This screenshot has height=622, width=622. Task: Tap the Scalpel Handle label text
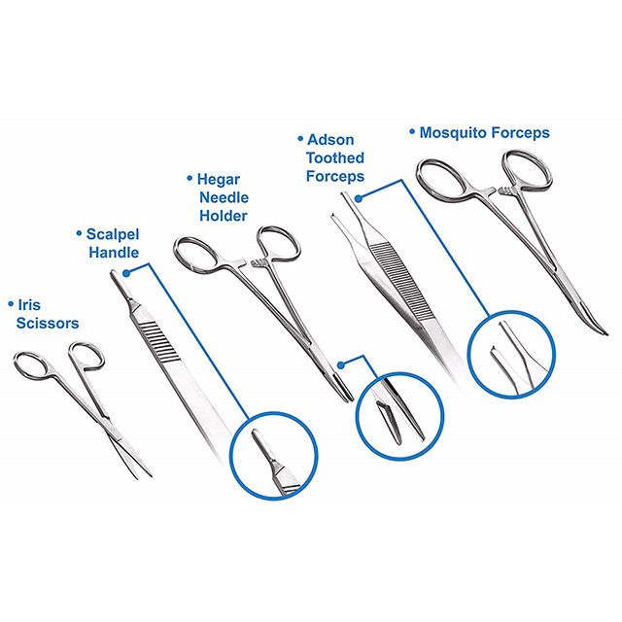coord(112,243)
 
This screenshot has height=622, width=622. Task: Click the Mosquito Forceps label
coord(484,133)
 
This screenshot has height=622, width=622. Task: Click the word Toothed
coord(335,157)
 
